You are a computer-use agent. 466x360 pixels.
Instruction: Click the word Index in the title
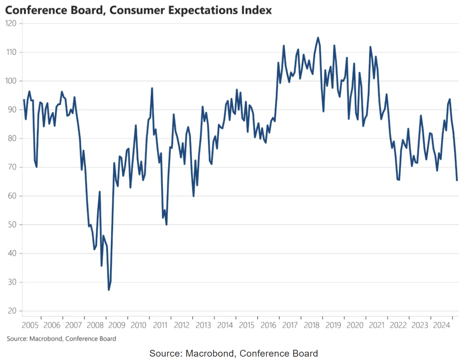[258, 10]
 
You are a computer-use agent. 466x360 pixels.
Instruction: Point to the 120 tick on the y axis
[11, 23]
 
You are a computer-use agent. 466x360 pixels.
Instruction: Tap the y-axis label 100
[11, 81]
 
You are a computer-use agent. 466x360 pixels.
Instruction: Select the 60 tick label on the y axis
[12, 196]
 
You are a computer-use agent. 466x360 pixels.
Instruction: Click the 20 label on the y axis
[12, 311]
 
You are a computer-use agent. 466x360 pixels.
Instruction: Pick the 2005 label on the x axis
[30, 325]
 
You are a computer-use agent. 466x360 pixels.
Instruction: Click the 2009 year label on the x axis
[117, 325]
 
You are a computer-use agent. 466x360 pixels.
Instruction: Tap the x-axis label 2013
[203, 325]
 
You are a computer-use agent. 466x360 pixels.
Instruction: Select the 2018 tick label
[312, 325]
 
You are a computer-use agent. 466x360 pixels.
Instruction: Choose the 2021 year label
[377, 325]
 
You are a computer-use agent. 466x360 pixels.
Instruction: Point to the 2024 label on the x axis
[442, 325]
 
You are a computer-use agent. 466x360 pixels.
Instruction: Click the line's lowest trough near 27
[109, 290]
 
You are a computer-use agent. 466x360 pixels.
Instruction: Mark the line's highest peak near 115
[318, 38]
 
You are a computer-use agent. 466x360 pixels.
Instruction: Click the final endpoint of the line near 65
[457, 180]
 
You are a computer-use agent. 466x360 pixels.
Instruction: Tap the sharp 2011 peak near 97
[152, 88]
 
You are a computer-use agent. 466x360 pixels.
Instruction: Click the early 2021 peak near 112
[370, 47]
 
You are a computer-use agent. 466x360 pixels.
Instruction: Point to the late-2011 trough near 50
[166, 224]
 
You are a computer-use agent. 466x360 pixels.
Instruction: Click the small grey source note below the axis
[61, 339]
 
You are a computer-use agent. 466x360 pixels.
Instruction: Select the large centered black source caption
[234, 353]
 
